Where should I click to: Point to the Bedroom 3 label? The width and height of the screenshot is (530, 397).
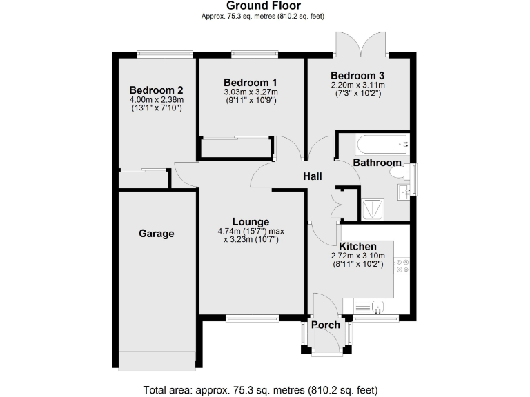(x=357, y=76)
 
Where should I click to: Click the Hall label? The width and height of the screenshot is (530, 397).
(x=313, y=177)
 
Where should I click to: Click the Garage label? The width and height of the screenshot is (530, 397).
(x=157, y=234)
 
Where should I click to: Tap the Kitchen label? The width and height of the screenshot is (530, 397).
(x=357, y=246)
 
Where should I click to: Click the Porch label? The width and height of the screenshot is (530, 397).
(x=326, y=325)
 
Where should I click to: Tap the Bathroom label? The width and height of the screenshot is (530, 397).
(x=377, y=163)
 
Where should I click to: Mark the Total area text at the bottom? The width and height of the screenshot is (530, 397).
(x=260, y=389)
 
